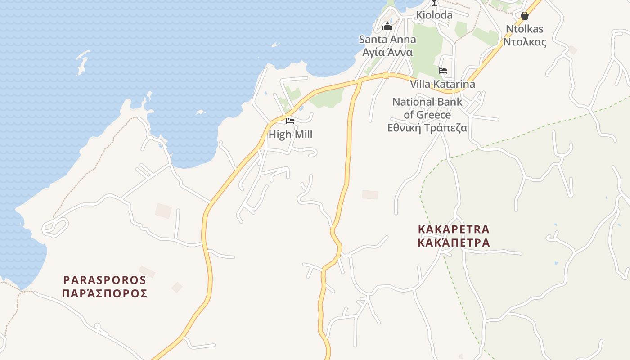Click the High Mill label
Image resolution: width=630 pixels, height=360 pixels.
290,134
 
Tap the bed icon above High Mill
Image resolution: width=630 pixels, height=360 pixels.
290,121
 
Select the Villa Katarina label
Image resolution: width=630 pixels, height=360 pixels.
442,84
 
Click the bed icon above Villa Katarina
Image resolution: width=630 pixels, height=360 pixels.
443,71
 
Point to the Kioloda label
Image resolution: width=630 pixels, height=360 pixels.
434,15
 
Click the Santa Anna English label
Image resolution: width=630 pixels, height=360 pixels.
387,39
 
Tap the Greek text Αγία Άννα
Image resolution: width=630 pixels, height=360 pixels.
387,52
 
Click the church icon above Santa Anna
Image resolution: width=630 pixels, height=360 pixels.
387,26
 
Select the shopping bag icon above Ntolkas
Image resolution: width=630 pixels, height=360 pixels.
524,16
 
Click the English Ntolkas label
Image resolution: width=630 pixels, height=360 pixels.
524,29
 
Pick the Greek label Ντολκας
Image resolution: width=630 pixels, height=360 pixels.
524,42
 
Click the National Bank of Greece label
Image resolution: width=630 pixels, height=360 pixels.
427,108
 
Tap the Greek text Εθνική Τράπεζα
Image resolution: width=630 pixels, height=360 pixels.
427,128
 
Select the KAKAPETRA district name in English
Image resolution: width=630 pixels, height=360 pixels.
454,229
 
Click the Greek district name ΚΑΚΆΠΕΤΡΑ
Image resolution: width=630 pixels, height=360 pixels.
454,243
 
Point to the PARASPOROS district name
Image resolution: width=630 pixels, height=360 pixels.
105,280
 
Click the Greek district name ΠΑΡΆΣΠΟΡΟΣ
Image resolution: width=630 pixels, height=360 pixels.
105,293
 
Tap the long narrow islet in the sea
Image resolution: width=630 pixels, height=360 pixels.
82,62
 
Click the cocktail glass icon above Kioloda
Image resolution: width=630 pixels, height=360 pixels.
434,3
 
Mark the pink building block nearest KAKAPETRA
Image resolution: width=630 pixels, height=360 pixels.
370,194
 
